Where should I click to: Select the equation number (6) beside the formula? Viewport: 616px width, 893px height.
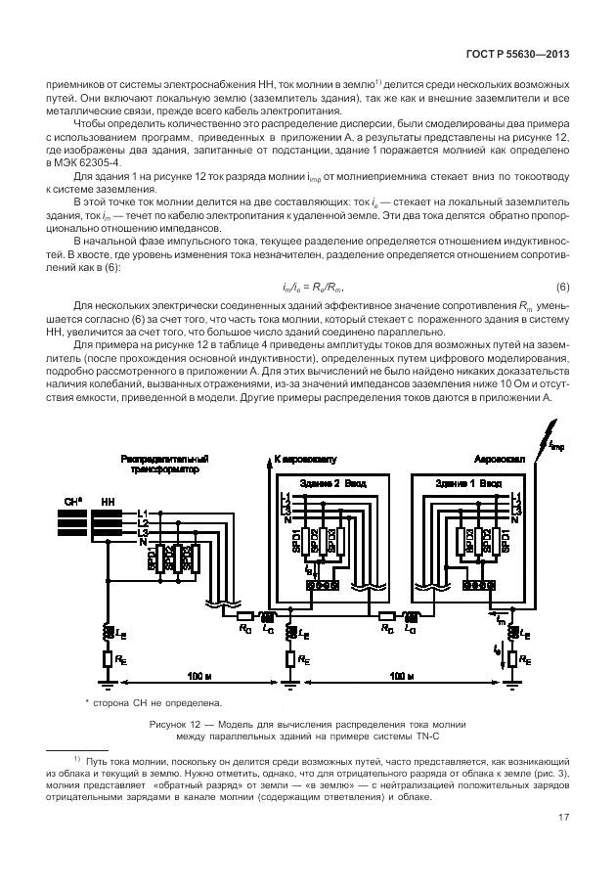click(562, 287)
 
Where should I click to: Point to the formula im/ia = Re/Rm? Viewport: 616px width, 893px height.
click(308, 287)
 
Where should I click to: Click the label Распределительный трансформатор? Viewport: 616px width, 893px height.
click(165, 464)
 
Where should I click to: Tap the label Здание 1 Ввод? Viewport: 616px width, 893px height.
click(463, 483)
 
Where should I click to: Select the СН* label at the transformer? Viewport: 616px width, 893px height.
click(71, 502)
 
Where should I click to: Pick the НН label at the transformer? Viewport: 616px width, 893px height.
click(107, 502)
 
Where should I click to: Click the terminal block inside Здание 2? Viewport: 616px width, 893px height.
click(324, 585)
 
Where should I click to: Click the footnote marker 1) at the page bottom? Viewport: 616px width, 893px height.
click(76, 758)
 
